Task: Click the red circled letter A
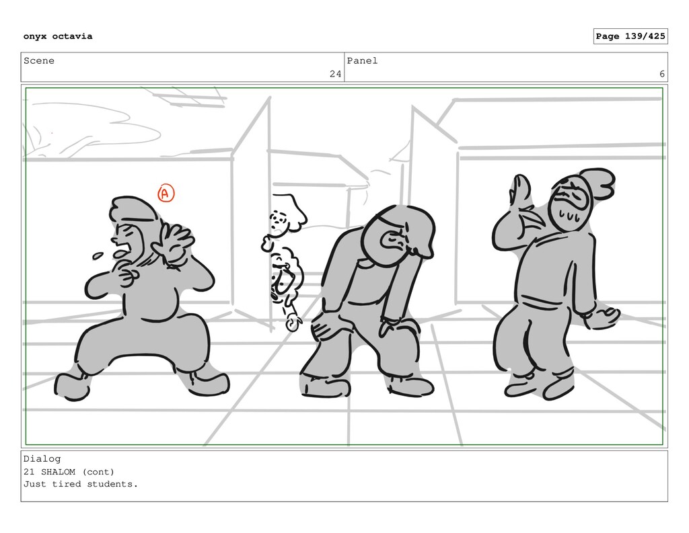coord(166,193)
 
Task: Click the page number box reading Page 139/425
coord(630,36)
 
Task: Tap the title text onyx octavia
coord(58,36)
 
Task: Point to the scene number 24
coord(335,74)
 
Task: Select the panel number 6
coord(662,74)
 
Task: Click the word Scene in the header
coord(38,60)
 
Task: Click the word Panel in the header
coord(362,60)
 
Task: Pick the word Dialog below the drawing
coord(42,459)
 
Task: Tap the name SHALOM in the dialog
coord(58,472)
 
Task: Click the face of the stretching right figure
coord(569,206)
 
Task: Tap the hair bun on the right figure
coord(598,183)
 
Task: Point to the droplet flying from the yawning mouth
coord(98,255)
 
